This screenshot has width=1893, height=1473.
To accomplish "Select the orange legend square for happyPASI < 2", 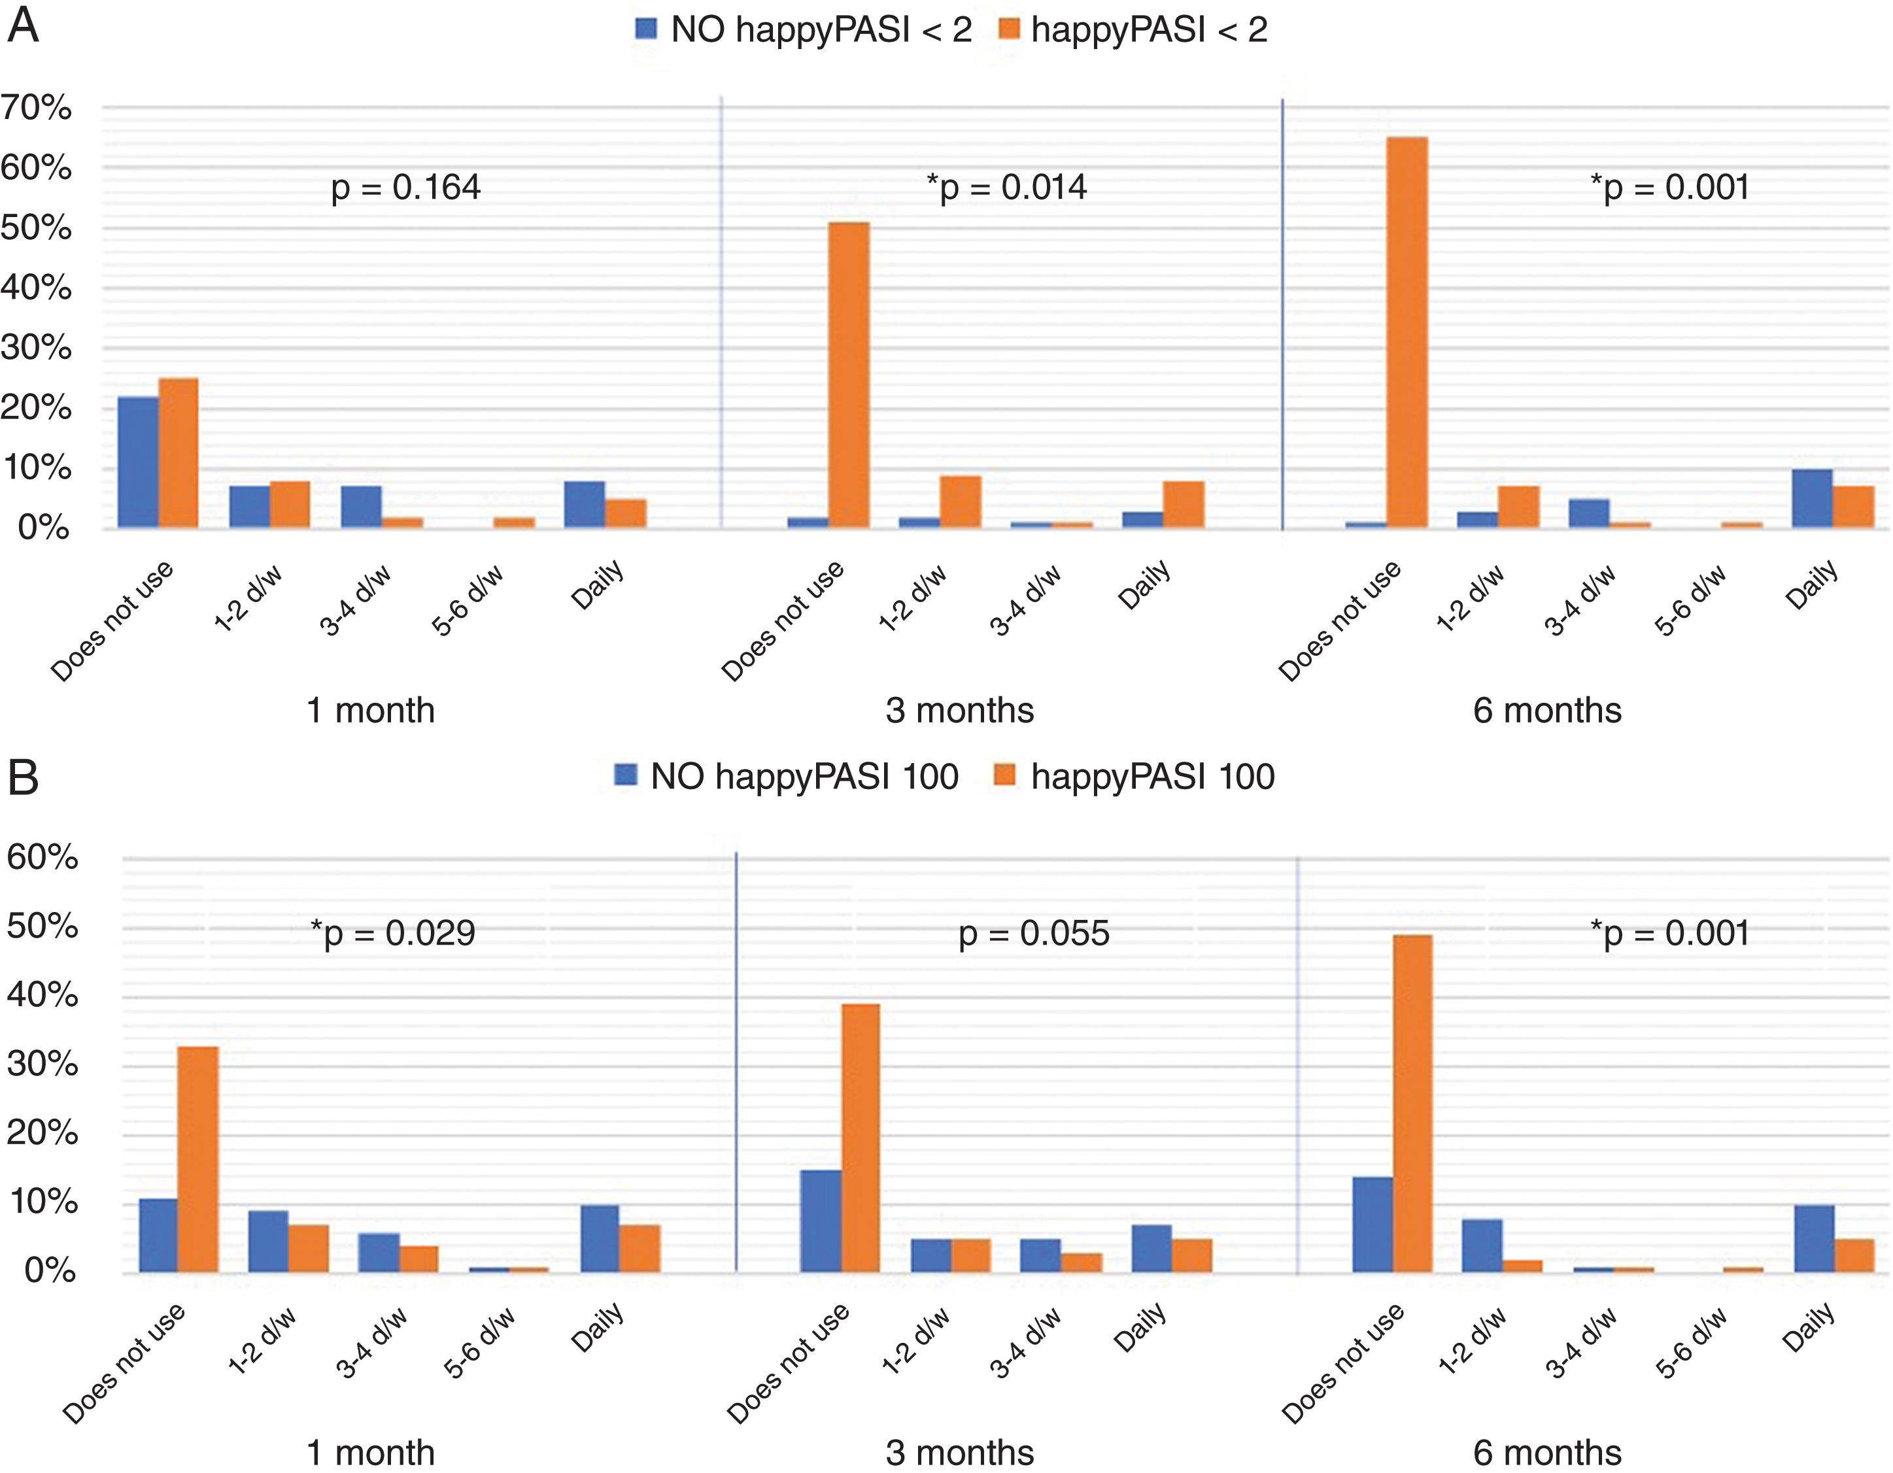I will coord(1008,29).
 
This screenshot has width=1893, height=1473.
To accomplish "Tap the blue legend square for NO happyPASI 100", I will coord(625,775).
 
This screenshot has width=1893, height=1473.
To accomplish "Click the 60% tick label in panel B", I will coord(42,857).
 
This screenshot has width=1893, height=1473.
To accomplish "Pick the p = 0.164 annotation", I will coord(405,187).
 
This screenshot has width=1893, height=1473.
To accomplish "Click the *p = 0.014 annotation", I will coord(1006,187).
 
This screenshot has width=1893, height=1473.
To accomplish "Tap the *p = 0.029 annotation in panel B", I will coord(392,933).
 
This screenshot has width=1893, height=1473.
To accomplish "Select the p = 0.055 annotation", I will coord(1033,933).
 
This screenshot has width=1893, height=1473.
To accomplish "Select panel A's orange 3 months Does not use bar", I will coord(849,375).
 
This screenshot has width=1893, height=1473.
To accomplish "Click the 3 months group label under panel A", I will coord(959,711).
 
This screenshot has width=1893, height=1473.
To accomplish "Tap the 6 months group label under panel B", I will coord(1547,1453).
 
